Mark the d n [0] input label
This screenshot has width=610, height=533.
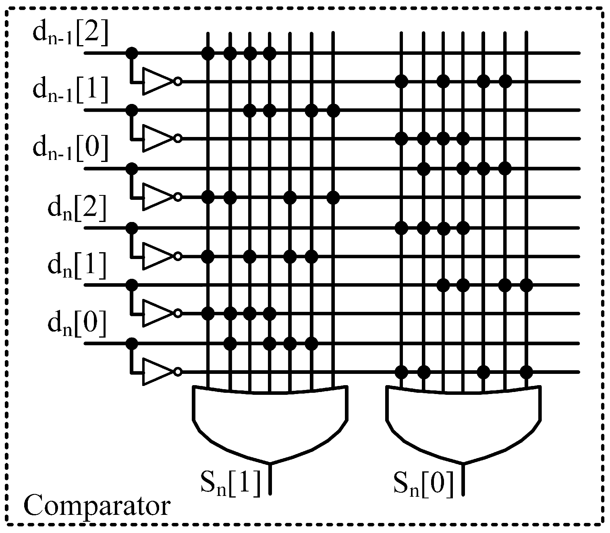pyautogui.click(x=77, y=325)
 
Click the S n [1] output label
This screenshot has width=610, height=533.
pyautogui.click(x=230, y=484)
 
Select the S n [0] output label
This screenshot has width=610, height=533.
pyautogui.click(x=423, y=484)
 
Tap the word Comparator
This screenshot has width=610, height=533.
pyautogui.click(x=97, y=506)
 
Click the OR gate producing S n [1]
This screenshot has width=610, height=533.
pyautogui.click(x=270, y=423)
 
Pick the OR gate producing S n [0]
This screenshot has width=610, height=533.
pyautogui.click(x=463, y=423)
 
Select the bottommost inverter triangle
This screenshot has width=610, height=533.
pyautogui.click(x=157, y=371)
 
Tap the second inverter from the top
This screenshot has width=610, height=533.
pyautogui.click(x=157, y=139)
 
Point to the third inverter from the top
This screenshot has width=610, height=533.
pyautogui.click(x=157, y=197)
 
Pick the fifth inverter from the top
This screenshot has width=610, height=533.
pyautogui.click(x=157, y=313)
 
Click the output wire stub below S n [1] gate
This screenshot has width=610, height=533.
pyautogui.click(x=270, y=479)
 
